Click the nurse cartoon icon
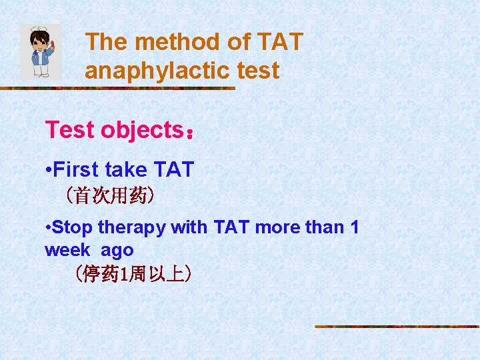[41, 52]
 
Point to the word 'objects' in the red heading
[141, 130]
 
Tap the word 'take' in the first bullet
[126, 170]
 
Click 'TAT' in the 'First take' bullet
[173, 170]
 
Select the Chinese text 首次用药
[111, 195]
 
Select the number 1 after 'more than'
[354, 227]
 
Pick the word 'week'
[66, 250]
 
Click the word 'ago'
[117, 250]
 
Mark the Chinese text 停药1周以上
[133, 274]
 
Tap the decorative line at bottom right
[397, 326]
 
